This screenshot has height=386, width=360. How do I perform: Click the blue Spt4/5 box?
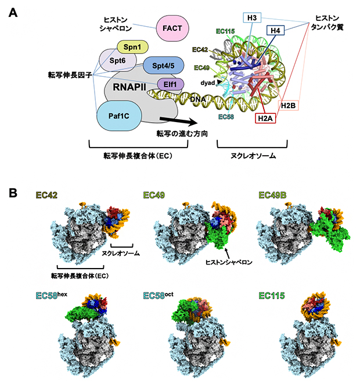163,66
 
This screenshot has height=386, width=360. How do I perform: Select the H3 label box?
252,19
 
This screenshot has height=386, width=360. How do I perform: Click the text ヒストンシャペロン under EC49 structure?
228,263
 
